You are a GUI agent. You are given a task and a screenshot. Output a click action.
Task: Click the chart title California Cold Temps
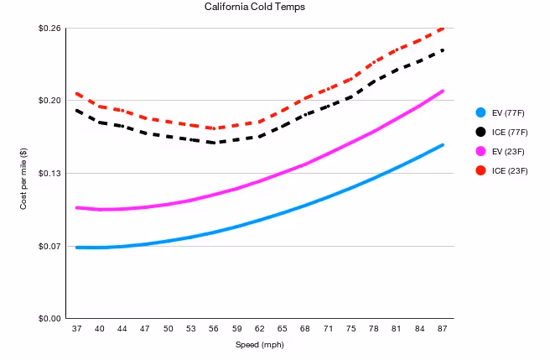coord(255,7)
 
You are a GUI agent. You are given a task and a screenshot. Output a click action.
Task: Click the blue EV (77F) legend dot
coord(480,112)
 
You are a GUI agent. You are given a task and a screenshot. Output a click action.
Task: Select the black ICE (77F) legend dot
coord(480,132)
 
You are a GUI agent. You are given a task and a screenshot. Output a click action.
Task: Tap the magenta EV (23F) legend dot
coord(480,151)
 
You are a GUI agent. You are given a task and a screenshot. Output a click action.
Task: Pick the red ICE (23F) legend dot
coord(480,170)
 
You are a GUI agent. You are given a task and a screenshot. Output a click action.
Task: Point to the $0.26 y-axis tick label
coord(49,28)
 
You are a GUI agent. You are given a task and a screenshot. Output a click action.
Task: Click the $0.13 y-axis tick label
coord(49,173)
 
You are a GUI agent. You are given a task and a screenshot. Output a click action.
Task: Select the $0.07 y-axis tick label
coord(49,246)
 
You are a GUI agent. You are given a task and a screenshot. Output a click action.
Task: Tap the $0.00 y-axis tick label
coord(49,319)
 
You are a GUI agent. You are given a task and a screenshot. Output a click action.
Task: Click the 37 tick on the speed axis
coord(77,329)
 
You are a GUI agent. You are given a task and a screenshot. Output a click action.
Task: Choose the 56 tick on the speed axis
coord(214,329)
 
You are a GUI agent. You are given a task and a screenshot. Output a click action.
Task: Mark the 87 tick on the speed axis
coord(443,329)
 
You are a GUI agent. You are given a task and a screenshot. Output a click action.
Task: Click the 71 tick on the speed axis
coord(328,329)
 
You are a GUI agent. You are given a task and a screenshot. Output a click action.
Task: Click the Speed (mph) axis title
coord(260,345)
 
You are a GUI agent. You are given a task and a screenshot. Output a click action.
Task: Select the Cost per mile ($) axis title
coord(23,179)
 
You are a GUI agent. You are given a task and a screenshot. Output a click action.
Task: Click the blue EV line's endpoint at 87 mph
coord(443,145)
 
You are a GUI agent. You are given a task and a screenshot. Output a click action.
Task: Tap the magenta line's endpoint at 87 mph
coord(443,91)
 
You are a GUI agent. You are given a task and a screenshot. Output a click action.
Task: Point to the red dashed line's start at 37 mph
coord(77,94)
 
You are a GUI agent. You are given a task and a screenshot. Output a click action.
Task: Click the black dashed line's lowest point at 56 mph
coord(214,143)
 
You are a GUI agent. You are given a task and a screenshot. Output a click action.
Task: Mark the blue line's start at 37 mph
coord(77,248)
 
